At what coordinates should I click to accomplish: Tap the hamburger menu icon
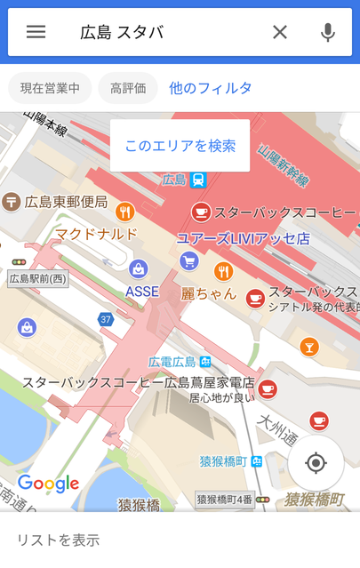36,32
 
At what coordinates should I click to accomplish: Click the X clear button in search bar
280,32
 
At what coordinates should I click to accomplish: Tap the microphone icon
328,32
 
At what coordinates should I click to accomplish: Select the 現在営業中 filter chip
50,88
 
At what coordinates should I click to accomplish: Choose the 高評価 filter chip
129,88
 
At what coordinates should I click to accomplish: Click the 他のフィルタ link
211,88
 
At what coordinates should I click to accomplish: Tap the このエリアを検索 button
180,145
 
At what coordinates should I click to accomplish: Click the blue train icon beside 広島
197,180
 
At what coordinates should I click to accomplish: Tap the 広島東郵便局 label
66,202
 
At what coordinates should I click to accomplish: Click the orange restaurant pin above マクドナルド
124,212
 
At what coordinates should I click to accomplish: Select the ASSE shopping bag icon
138,269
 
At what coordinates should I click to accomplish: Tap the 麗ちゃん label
209,293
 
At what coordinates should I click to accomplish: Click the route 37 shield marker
107,319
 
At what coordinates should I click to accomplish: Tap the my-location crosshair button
316,463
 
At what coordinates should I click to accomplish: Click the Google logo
49,484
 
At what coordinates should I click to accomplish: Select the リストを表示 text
59,540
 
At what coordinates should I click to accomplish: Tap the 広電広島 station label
172,362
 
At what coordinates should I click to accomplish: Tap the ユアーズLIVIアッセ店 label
242,238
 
